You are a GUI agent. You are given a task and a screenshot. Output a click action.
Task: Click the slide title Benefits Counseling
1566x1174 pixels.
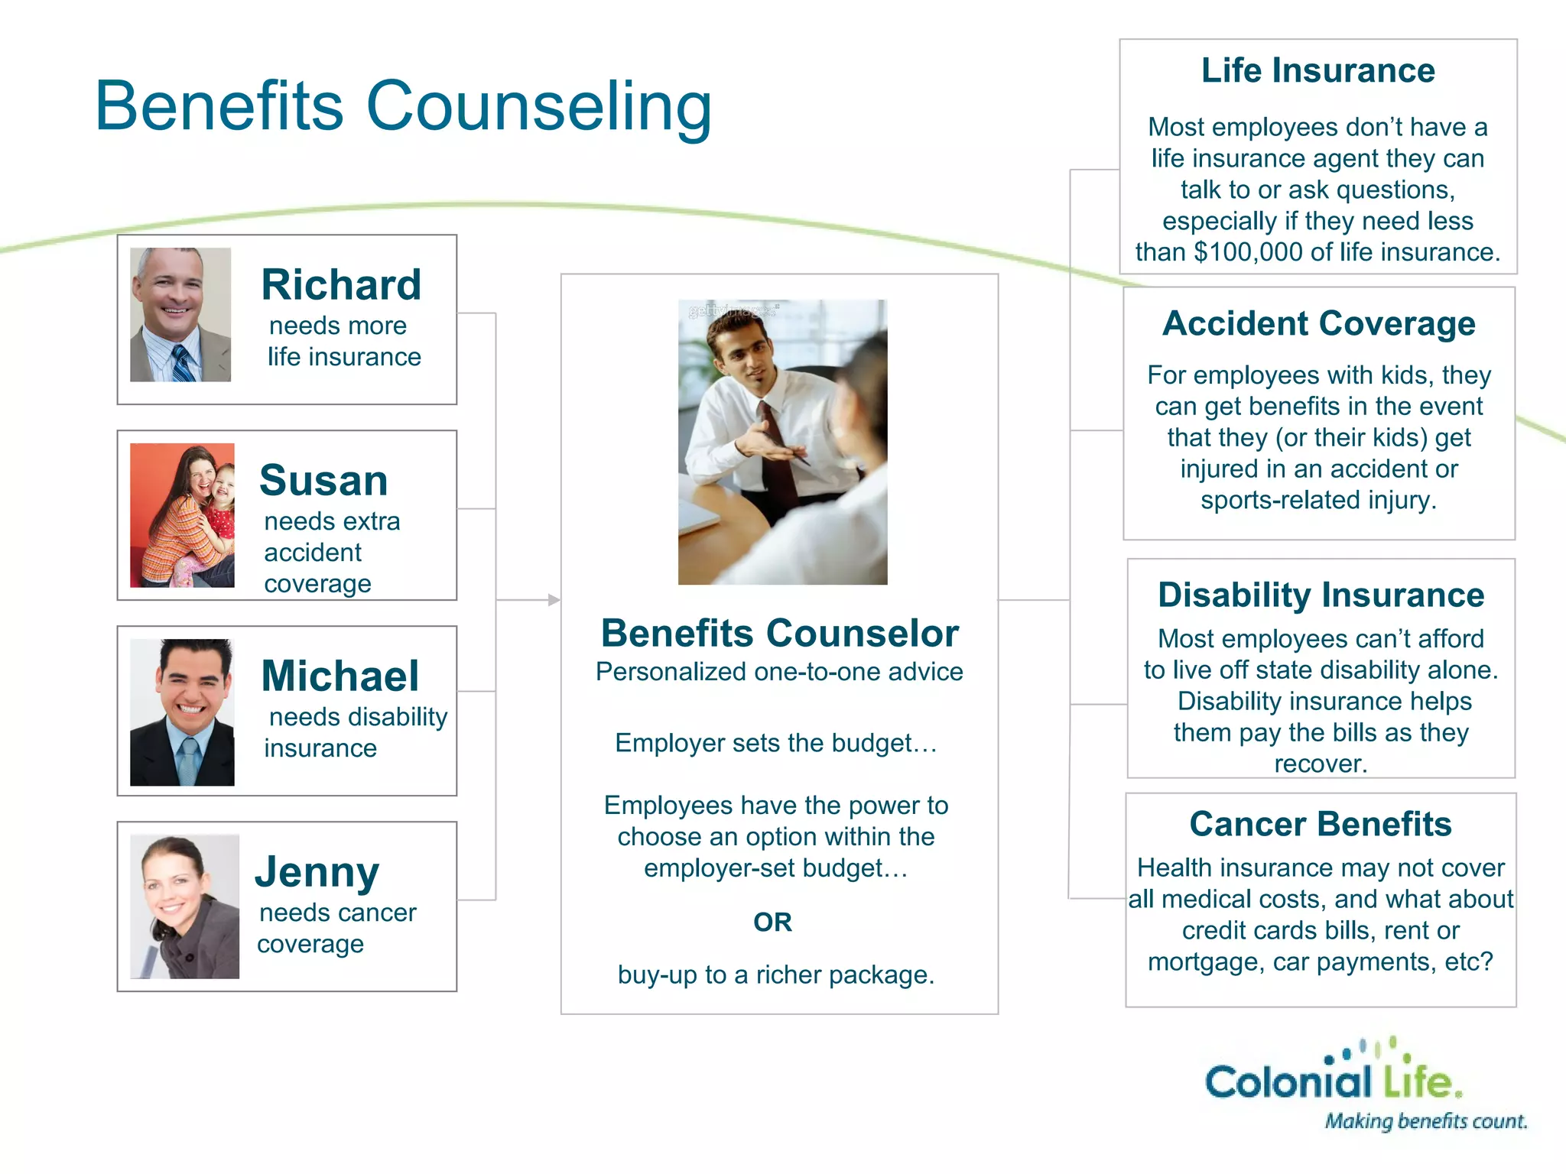(403, 106)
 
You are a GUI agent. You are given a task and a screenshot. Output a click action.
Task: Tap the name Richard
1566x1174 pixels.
(341, 285)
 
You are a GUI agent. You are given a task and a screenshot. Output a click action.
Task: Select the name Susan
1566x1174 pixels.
(323, 481)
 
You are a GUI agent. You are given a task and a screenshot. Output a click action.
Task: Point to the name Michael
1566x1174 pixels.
(340, 676)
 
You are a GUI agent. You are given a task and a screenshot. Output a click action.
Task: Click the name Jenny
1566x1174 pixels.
(317, 872)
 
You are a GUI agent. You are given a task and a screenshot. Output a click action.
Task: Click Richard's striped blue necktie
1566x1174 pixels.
(184, 364)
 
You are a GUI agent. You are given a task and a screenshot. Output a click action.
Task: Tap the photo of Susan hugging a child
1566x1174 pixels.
(182, 515)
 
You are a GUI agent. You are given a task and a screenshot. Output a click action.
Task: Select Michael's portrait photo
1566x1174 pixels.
(182, 712)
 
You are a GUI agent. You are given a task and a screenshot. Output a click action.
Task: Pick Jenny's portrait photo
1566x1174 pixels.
(184, 906)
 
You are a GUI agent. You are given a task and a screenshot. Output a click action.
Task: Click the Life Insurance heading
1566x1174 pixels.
(1317, 70)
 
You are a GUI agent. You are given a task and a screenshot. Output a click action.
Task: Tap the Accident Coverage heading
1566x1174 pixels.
(1319, 323)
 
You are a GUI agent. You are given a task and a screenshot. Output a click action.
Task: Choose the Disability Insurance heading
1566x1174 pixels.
(1321, 595)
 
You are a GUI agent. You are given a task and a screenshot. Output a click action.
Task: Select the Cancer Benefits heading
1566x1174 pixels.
(1321, 825)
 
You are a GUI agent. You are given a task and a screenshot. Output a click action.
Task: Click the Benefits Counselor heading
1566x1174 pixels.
(779, 634)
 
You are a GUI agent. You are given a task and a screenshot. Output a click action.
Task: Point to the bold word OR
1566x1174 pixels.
(772, 923)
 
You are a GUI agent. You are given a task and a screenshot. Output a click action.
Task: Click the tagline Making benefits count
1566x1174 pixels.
(1425, 1121)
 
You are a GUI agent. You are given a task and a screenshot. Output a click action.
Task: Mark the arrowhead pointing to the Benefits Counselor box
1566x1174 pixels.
(554, 600)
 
